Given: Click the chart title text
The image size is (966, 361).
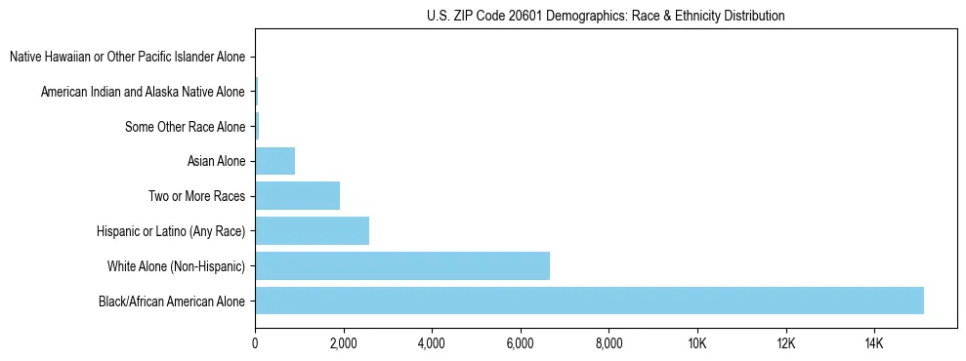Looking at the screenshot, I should point(606,17).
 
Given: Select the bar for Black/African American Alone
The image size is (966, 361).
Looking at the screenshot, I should point(589,301).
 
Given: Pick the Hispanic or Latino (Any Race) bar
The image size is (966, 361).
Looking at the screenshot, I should point(312,230).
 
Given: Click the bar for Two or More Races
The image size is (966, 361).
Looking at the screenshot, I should point(297,196).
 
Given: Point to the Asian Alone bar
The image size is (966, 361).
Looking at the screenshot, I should point(274,161).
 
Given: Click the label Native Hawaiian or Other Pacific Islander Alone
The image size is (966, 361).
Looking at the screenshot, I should point(127,58).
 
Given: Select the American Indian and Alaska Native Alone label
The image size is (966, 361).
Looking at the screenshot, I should point(143,92).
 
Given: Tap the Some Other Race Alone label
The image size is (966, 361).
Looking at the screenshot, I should point(186,127).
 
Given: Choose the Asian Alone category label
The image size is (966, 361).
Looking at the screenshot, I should point(216,161).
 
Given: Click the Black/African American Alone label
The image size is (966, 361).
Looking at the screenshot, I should point(172,301).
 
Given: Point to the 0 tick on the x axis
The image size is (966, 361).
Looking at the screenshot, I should point(255,342).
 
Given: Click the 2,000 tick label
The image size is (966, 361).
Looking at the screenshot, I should point(343,342).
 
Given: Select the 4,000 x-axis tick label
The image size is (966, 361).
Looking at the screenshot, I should point(432,342).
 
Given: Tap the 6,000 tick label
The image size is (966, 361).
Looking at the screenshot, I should point(520,342).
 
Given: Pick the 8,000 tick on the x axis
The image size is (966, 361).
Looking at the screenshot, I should point(609,342).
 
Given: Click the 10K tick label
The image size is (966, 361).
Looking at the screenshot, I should point(696,342).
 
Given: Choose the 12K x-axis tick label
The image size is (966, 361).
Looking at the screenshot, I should point(785,342).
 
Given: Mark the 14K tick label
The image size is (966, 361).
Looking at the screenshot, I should point(873,342).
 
